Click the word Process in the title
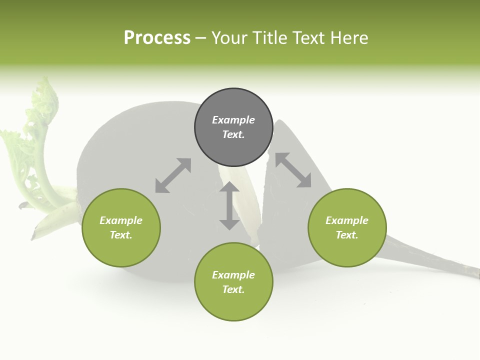(157, 38)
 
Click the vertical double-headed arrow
(229, 206)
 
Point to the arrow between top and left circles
(173, 175)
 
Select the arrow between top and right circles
(293, 170)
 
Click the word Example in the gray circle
(233, 120)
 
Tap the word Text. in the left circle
(121, 235)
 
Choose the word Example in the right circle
(347, 220)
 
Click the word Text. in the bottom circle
(233, 289)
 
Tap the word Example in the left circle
(121, 220)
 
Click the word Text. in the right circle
(347, 235)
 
